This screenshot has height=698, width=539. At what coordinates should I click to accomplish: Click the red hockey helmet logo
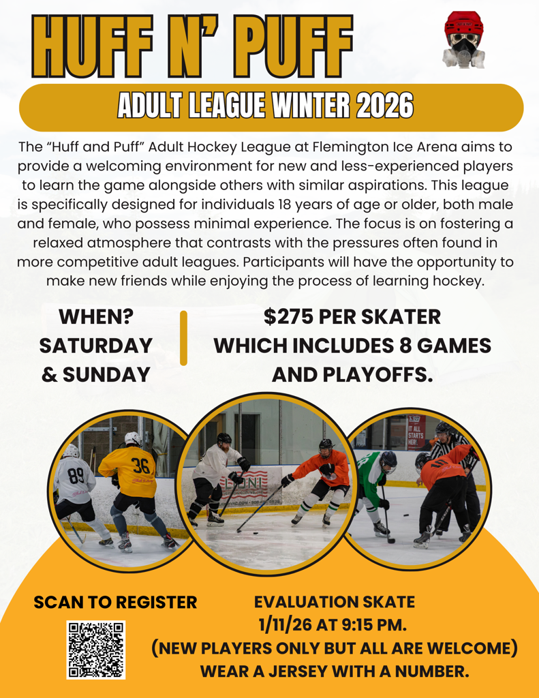pos(464,39)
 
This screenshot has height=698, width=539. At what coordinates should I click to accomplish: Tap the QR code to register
pos(95,650)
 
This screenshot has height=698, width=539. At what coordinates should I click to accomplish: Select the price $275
pos(288,317)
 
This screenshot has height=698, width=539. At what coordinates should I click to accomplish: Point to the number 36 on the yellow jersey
pos(140,466)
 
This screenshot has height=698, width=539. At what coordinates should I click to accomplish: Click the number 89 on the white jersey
pos(76,476)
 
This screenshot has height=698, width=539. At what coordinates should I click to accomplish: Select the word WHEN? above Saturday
pos(96,317)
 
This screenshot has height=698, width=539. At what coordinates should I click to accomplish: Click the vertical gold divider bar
pos(183,338)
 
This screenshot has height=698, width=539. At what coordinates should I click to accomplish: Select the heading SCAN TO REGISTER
pos(115,603)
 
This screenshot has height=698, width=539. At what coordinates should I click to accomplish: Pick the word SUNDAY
pos(106,375)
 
